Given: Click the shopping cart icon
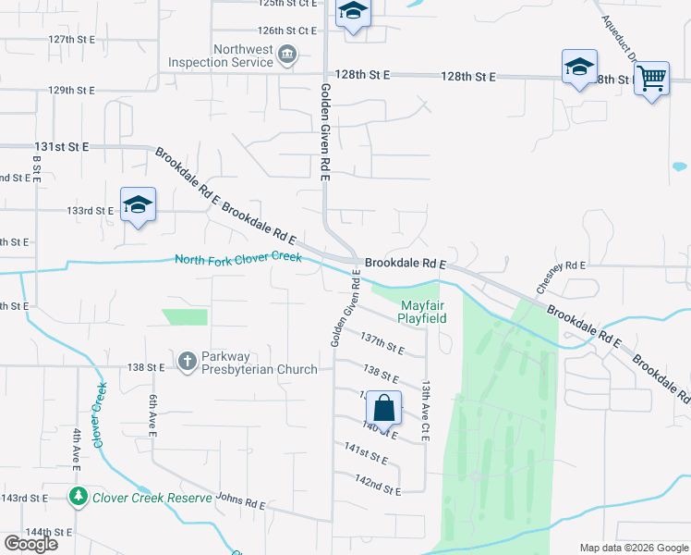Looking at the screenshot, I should [651, 80].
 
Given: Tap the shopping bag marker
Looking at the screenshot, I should [383, 408].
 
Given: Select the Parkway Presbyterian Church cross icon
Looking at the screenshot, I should [187, 359].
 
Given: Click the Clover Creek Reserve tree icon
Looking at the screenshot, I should [78, 498].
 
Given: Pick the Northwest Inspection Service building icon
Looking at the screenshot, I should [287, 55].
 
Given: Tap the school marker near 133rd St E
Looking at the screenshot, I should [138, 205].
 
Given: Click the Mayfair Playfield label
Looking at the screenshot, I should [422, 312].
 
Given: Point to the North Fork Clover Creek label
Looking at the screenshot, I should [238, 259].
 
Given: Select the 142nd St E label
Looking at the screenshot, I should [378, 485].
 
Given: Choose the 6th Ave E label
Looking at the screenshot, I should [153, 412].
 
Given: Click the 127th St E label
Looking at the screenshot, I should [73, 40].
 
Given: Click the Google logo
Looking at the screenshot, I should [30, 544].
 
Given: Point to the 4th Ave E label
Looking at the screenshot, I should [77, 450].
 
